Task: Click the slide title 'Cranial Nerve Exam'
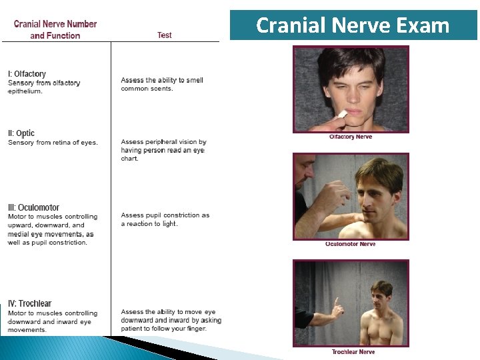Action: coord(353,25)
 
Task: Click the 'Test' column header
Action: coord(165,35)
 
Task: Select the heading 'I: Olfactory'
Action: coord(27,74)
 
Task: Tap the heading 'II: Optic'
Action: coord(21,133)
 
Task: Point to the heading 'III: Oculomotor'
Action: coord(33,207)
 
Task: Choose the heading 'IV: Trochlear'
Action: coord(29,304)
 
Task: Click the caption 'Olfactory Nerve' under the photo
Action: coord(351,137)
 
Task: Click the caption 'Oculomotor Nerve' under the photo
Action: coord(351,244)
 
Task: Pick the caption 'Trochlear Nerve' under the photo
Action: coord(353,351)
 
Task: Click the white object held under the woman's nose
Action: coord(343,115)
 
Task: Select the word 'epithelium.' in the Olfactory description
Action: coord(25,91)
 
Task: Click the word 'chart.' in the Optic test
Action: coord(129,159)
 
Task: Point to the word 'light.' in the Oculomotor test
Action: coord(169,224)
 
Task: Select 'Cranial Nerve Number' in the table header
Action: coord(55,24)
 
